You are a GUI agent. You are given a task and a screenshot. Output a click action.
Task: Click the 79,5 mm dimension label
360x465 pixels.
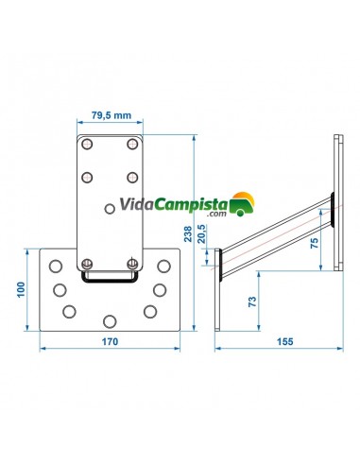pos(111,115)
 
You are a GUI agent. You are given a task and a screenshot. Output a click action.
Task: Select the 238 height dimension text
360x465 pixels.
pos(188,233)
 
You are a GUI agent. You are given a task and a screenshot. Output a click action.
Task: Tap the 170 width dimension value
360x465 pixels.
pos(110,341)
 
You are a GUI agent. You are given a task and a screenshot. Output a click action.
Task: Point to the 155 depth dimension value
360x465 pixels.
pos(284,341)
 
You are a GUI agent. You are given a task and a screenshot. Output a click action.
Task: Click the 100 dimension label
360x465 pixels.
pos(21,289)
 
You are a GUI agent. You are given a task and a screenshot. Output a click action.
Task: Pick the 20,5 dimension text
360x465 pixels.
pos(201,233)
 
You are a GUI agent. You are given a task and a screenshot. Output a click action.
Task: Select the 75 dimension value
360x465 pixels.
pos(315,243)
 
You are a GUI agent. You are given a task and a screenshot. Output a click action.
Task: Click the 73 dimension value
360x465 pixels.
pos(252,301)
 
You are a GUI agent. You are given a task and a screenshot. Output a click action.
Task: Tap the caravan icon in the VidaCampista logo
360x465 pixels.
pos(242,204)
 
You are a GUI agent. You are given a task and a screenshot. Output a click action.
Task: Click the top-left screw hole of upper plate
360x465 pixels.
pos(87,145)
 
